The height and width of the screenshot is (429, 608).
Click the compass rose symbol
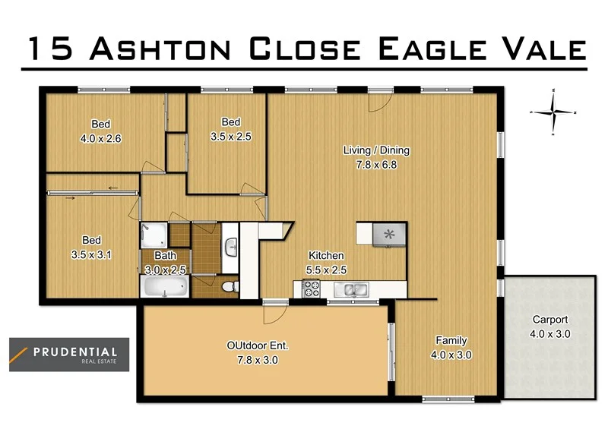point(554,112)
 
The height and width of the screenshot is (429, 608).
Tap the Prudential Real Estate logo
point(68,355)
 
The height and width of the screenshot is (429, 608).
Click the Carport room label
point(549,320)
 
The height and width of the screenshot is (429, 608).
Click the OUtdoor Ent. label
point(257,346)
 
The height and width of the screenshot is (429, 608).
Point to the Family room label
point(451,340)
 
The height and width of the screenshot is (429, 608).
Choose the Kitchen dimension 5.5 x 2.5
point(326,270)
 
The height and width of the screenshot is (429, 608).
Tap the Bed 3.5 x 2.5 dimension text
point(230,137)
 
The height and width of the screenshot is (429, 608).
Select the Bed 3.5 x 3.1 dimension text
point(91,254)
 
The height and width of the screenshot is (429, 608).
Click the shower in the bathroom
point(153,235)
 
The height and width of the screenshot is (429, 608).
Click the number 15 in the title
point(52,48)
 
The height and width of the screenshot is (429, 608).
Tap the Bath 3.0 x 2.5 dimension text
point(165,270)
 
